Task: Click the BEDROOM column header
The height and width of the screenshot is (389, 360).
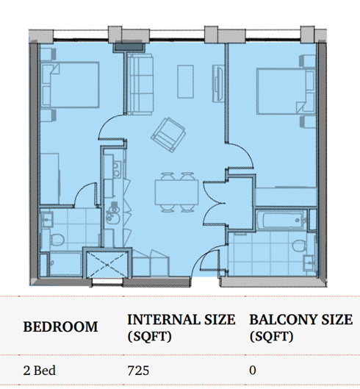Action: coord(60,326)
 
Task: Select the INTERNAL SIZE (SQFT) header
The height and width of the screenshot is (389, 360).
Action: coord(181,327)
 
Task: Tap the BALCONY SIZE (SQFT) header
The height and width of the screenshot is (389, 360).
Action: coord(300,327)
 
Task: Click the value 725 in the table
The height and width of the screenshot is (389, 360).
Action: coord(138,371)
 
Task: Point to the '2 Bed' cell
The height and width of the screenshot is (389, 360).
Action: coord(40,371)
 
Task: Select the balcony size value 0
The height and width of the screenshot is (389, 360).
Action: coord(253,371)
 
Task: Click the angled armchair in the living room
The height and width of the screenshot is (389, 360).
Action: coord(168,135)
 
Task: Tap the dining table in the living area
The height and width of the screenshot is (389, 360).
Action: coord(176,193)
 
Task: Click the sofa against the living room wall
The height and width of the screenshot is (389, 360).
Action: coord(140,84)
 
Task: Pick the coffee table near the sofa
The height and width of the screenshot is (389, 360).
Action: coord(185,82)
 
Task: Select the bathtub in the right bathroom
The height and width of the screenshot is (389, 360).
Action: coord(281,220)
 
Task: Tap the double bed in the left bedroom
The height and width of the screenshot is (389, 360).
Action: coord(70,85)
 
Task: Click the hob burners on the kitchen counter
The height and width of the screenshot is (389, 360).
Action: coord(116,169)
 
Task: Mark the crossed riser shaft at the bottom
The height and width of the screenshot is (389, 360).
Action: coord(107,264)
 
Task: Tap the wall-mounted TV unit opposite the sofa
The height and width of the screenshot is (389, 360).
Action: coord(217,84)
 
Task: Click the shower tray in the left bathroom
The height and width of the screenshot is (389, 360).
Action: coord(65,264)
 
